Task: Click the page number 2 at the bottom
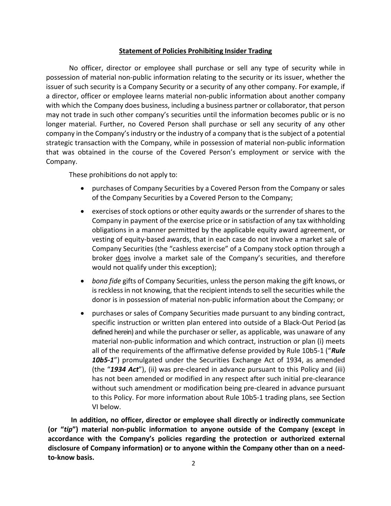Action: [193, 463]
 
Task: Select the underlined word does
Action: [123, 258]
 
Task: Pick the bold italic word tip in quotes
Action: [68, 429]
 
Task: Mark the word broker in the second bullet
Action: [102, 258]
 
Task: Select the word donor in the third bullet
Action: [101, 300]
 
